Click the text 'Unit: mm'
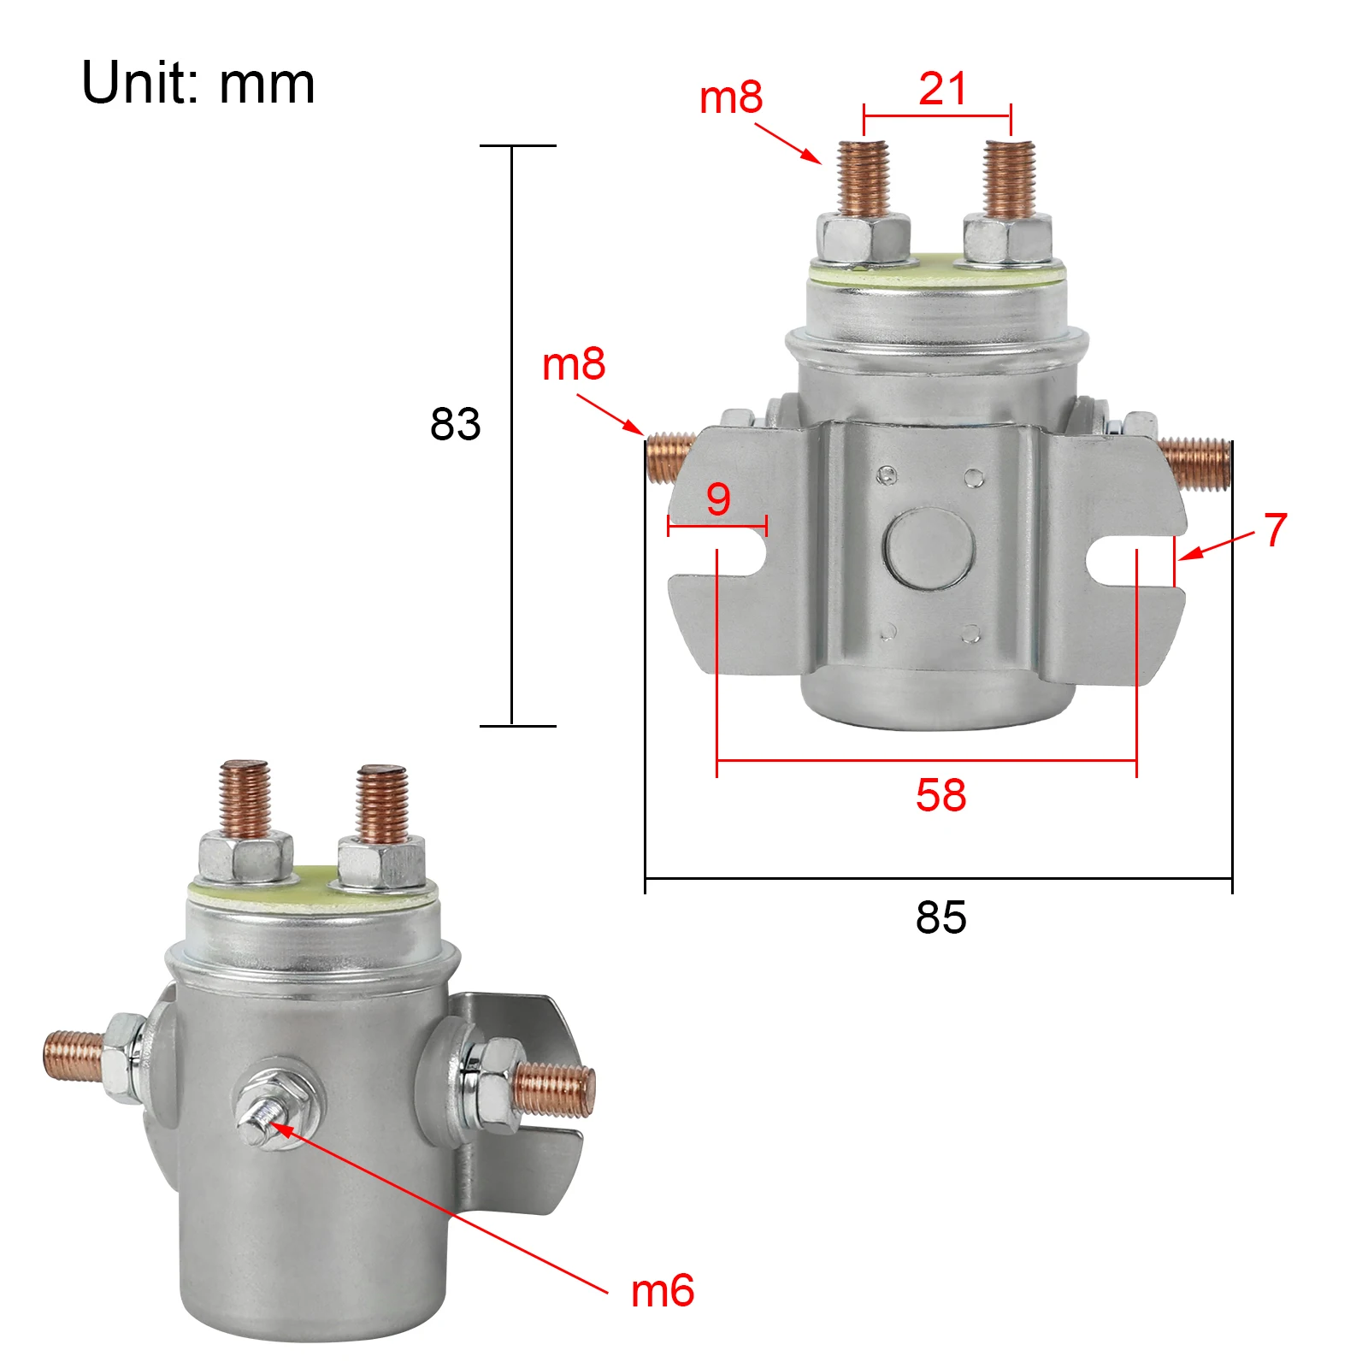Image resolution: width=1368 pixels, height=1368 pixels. [198, 84]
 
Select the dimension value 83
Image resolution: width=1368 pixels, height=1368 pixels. [455, 424]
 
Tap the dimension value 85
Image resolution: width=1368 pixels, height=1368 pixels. [940, 917]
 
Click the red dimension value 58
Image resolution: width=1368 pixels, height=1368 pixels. [940, 795]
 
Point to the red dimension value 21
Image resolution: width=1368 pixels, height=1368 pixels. [942, 88]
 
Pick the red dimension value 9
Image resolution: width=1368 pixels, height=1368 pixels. [718, 499]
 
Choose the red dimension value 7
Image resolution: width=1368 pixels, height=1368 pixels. [1275, 530]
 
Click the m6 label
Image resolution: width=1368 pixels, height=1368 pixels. [662, 1290]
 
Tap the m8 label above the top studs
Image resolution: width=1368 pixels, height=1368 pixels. [730, 97]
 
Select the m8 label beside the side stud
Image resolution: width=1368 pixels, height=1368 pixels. [574, 364]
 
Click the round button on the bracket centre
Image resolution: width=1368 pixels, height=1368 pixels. [929, 549]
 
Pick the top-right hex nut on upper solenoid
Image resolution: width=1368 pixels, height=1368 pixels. [1007, 240]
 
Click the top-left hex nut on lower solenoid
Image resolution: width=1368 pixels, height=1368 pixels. [245, 859]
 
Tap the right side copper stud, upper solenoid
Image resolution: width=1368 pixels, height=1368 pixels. [1195, 462]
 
